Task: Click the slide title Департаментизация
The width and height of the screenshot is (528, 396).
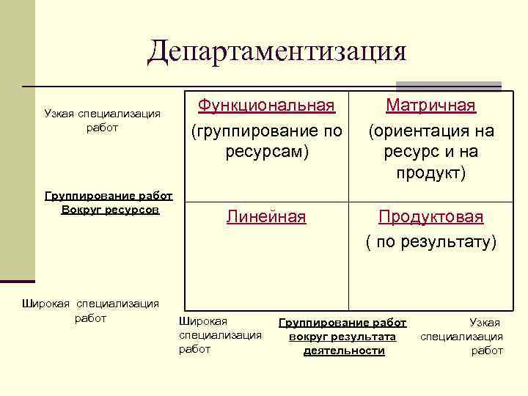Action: (x=276, y=51)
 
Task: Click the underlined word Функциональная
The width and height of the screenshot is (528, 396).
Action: (x=267, y=106)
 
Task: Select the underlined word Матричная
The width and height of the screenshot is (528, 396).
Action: (x=430, y=106)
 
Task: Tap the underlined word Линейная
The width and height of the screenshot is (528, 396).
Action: (x=266, y=217)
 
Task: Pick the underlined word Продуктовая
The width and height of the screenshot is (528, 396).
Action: (x=430, y=217)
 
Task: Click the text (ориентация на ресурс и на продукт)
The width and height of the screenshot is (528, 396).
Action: (x=430, y=152)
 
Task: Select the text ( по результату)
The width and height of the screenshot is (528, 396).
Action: (x=430, y=241)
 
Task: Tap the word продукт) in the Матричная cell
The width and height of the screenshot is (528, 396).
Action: (x=430, y=173)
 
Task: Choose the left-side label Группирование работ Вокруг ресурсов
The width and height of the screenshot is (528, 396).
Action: (x=109, y=202)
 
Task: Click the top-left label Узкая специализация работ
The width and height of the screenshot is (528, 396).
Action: (x=102, y=121)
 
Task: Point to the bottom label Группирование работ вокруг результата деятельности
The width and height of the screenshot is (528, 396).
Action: (x=343, y=337)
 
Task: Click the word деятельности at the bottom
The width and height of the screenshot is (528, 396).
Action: (x=343, y=351)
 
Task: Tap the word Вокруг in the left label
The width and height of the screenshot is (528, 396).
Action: (x=84, y=210)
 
